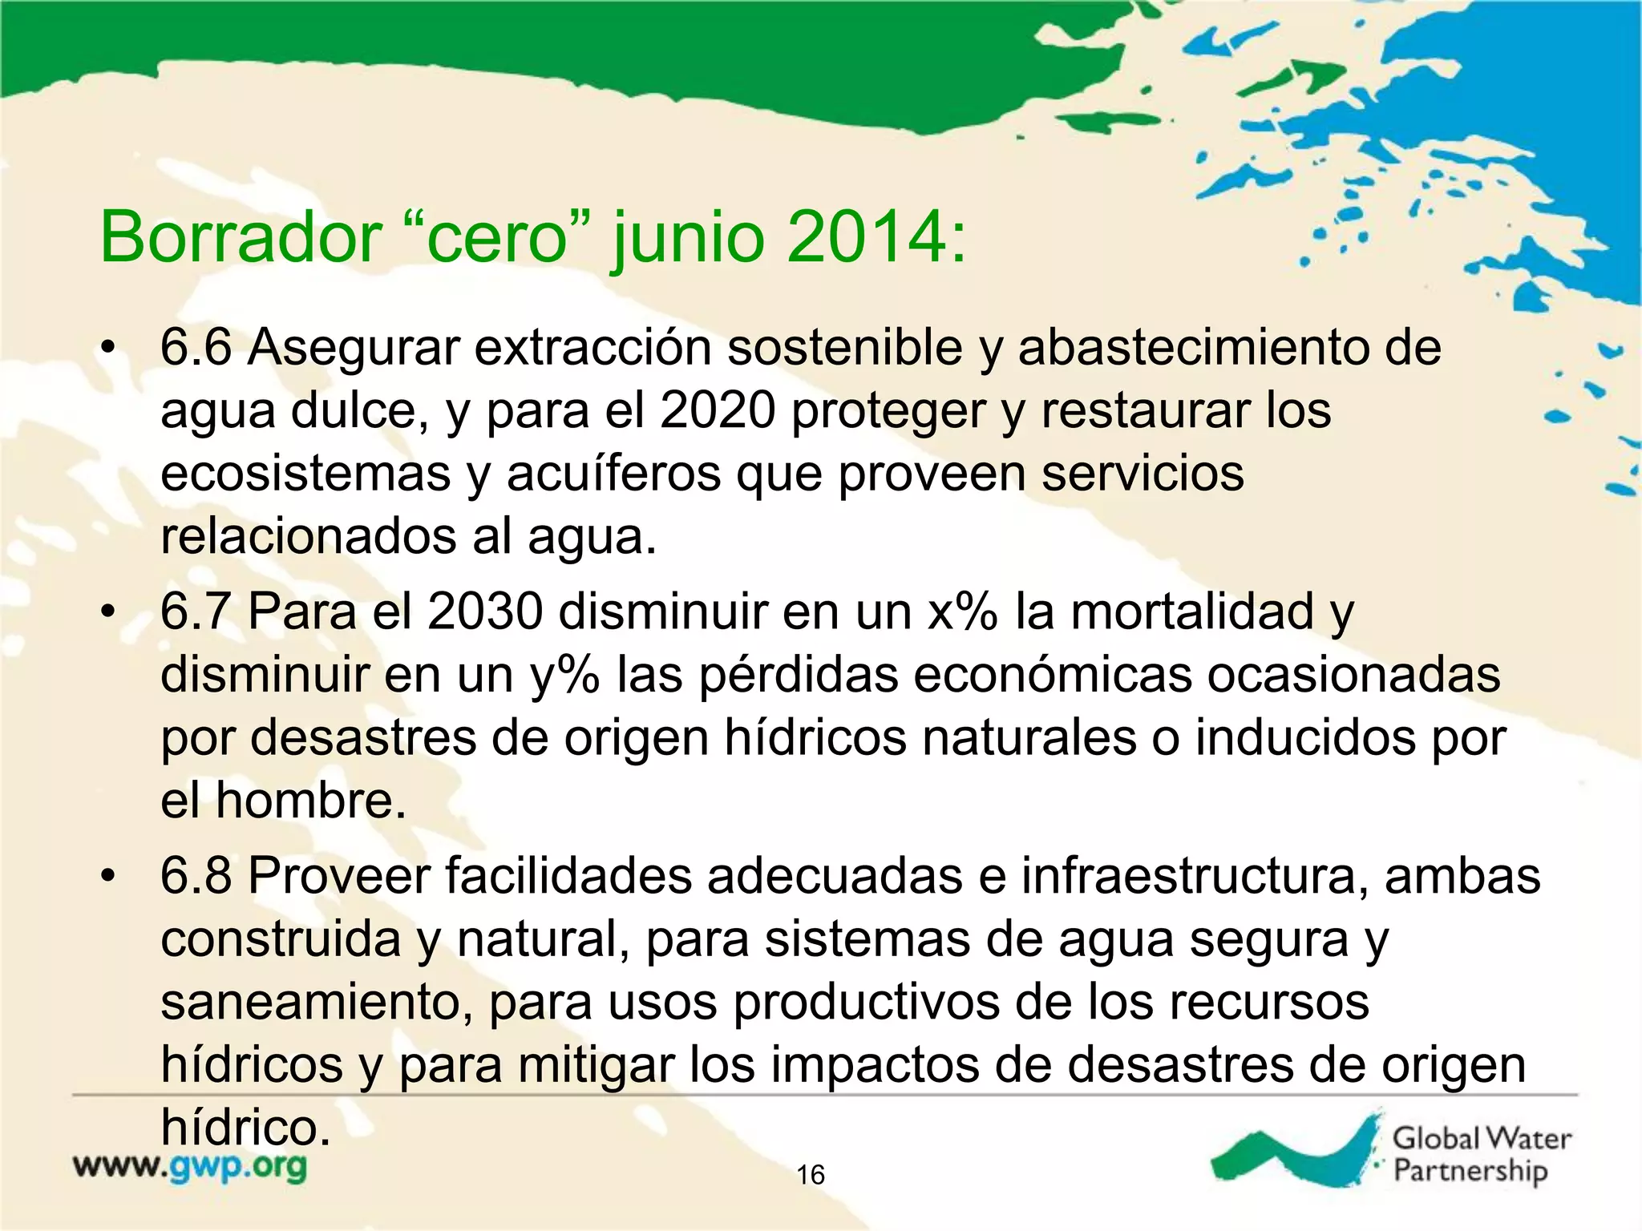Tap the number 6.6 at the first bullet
point(196,348)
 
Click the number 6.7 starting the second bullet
point(196,612)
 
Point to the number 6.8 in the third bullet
point(196,876)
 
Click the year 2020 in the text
point(718,410)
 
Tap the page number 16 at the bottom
point(811,1175)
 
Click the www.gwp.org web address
point(190,1166)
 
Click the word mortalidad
point(1192,612)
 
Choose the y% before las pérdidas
point(564,675)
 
